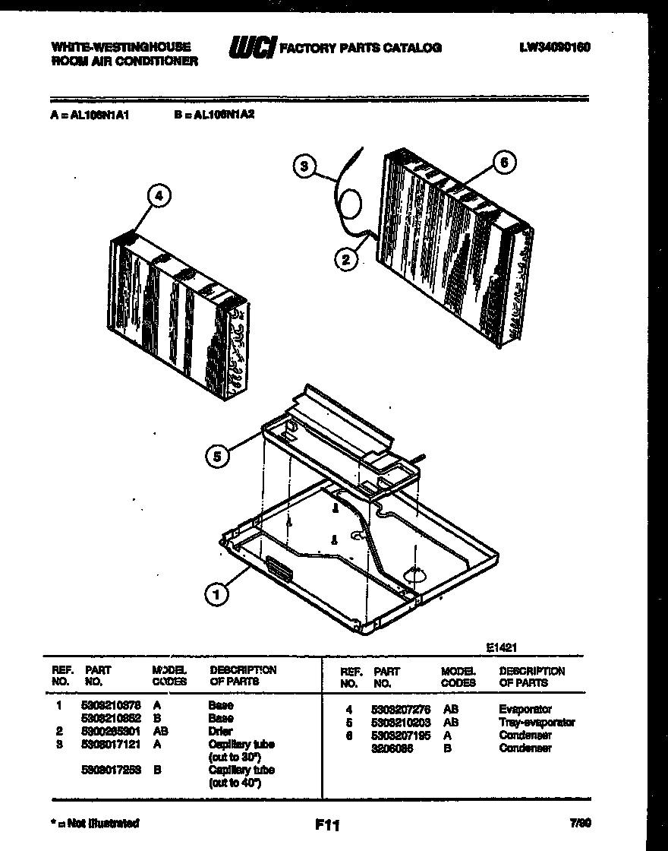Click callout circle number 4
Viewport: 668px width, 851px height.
tap(159, 196)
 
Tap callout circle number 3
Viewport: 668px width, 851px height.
tap(304, 166)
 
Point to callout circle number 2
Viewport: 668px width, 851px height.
tap(345, 260)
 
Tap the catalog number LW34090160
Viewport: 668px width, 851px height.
tap(555, 47)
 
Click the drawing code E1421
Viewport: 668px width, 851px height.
tap(502, 648)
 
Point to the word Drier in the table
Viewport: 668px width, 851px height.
tap(221, 731)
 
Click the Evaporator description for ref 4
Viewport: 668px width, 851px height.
tap(525, 709)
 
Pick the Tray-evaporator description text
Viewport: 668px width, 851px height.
tap(537, 722)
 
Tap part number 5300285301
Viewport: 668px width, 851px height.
tap(110, 731)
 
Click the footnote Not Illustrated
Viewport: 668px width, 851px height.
tap(95, 823)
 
